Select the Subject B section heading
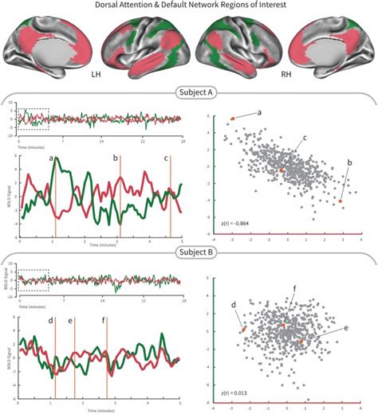click(x=189, y=260)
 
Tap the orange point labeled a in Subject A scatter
click(x=233, y=118)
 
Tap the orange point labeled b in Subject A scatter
click(x=341, y=201)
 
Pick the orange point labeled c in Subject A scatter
click(x=282, y=170)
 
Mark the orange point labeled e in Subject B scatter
click(x=301, y=342)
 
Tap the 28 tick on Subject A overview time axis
click(x=183, y=140)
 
